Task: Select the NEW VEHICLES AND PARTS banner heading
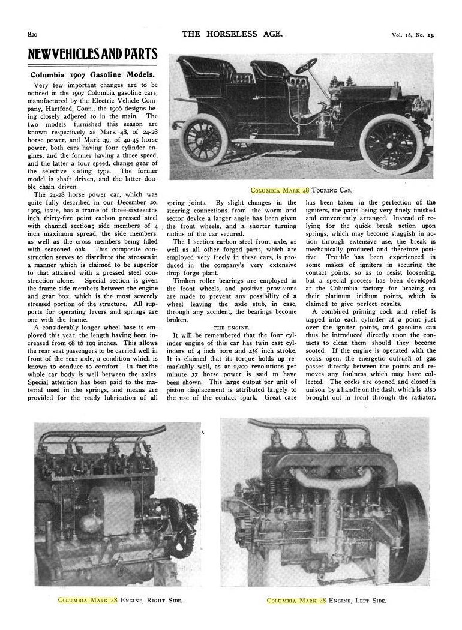pyautogui.click(x=93, y=56)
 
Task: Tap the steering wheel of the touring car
pyautogui.click(x=306, y=67)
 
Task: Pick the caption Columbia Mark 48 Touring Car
pyautogui.click(x=301, y=190)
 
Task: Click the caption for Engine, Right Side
pyautogui.click(x=119, y=599)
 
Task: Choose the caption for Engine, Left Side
pyautogui.click(x=326, y=599)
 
